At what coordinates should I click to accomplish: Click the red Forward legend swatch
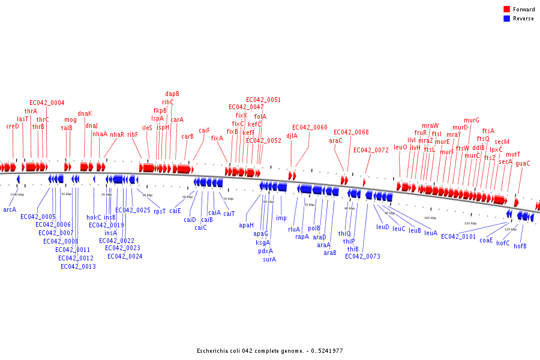[506, 10]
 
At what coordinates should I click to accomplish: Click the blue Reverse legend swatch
[506, 19]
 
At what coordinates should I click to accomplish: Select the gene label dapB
[172, 94]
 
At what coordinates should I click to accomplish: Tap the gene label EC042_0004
[47, 103]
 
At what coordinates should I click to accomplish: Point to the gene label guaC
[523, 163]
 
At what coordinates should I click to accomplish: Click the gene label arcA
[10, 209]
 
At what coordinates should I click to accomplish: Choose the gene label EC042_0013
[78, 266]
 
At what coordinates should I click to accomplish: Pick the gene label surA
[269, 259]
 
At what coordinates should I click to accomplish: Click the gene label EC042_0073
[362, 256]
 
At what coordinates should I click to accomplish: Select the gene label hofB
[520, 246]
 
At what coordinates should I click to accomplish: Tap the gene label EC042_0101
[458, 236]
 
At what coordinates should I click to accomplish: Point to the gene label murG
[472, 120]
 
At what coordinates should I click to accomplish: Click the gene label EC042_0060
[310, 127]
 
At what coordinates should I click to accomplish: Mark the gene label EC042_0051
[263, 100]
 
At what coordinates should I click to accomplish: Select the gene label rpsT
[159, 211]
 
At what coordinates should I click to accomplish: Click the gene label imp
[281, 218]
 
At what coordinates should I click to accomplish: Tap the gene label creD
[13, 126]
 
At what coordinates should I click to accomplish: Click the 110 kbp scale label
[470, 223]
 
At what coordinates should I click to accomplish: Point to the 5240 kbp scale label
[17, 194]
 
